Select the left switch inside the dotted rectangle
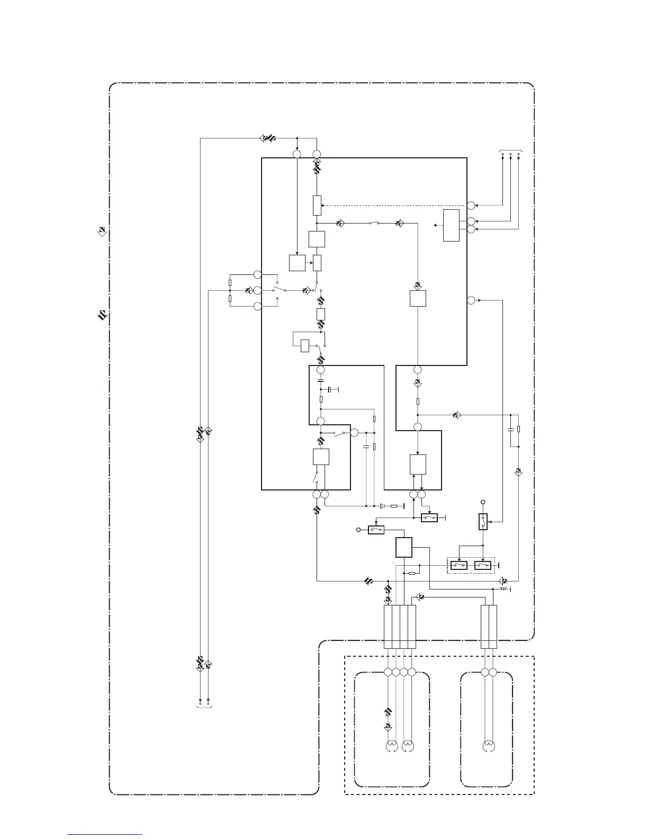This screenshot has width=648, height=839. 458,565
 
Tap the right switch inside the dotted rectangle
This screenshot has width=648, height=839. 483,565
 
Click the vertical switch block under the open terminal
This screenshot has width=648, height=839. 483,522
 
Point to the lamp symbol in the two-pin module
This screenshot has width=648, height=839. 489,747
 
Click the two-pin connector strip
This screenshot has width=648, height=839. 489,627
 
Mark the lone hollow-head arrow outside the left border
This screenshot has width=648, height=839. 102,231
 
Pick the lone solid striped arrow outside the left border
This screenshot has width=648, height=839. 102,316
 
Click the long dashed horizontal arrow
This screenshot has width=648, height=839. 394,206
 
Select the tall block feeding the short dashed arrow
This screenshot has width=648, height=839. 451,225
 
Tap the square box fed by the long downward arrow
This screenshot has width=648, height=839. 297,263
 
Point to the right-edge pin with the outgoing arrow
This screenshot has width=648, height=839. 471,301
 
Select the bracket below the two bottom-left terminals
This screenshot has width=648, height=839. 204,706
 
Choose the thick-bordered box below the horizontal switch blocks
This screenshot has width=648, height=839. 404,547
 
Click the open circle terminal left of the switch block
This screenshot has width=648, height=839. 359,529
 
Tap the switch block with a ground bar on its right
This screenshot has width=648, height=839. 429,517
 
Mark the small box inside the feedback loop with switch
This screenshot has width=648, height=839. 305,345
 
